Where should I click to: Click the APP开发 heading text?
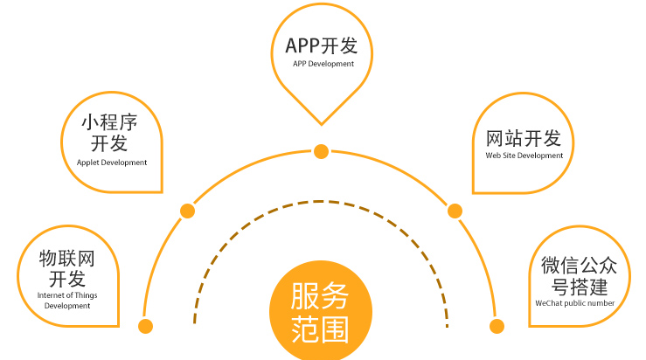pyautogui.click(x=322, y=45)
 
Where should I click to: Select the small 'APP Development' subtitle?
pyautogui.click(x=323, y=64)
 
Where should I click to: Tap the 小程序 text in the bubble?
pyautogui.click(x=109, y=121)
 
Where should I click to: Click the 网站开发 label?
pyautogui.click(x=524, y=139)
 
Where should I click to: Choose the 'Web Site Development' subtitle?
pyautogui.click(x=524, y=156)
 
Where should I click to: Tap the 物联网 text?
pyautogui.click(x=66, y=259)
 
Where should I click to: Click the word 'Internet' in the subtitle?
pyautogui.click(x=52, y=295)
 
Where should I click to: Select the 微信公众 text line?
pyautogui.click(x=573, y=266)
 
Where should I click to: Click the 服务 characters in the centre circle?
pyautogui.click(x=320, y=297)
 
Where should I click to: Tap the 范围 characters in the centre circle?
pyautogui.click(x=320, y=330)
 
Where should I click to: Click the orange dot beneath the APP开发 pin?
pyautogui.click(x=321, y=151)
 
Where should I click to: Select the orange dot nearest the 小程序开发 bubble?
pyautogui.click(x=187, y=211)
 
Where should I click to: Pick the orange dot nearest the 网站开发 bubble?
pyautogui.click(x=455, y=211)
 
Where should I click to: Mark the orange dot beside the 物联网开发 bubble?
pyautogui.click(x=146, y=326)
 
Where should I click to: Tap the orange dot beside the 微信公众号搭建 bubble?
pyautogui.click(x=497, y=326)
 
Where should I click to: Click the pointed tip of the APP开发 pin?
pyautogui.click(x=322, y=123)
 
